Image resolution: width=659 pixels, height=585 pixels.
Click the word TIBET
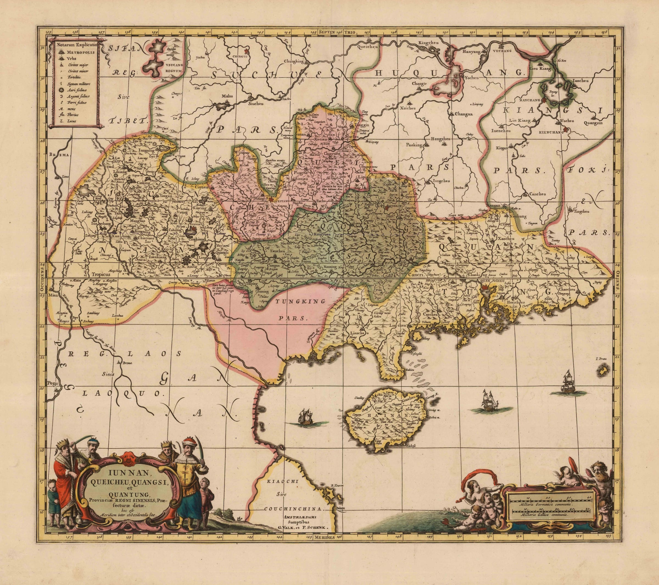(x=129, y=121)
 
